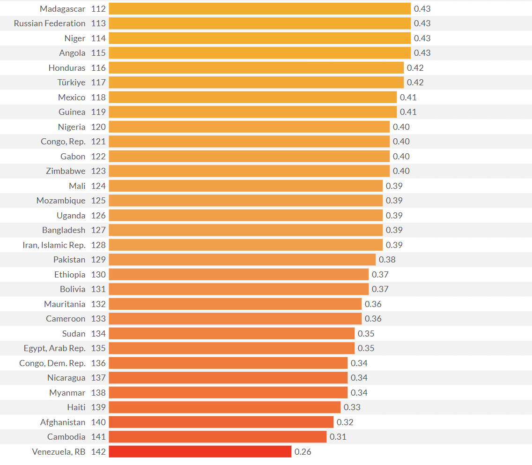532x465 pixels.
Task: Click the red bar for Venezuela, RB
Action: click(200, 451)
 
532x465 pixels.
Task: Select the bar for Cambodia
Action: click(217, 437)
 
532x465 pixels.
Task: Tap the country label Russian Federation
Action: click(50, 23)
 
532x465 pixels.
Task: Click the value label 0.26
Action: click(303, 452)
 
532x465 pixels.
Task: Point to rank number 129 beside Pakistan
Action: click(98, 260)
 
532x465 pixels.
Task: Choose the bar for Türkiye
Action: click(256, 82)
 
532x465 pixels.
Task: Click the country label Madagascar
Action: click(62, 9)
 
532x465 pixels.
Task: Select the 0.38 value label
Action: click(387, 260)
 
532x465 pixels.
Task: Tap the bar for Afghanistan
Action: click(221, 422)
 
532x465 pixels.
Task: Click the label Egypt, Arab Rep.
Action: click(55, 348)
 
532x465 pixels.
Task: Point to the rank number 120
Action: click(98, 127)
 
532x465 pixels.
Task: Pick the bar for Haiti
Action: click(225, 407)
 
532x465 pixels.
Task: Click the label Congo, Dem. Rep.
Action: click(52, 363)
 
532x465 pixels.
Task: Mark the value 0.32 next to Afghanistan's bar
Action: click(345, 422)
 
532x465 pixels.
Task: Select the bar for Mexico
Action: click(253, 97)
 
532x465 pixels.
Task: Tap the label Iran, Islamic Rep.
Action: click(54, 245)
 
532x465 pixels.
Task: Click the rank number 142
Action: click(98, 452)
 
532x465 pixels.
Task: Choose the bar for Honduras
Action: click(256, 67)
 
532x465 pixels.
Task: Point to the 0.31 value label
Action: click(338, 437)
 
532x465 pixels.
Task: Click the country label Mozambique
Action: click(61, 201)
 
